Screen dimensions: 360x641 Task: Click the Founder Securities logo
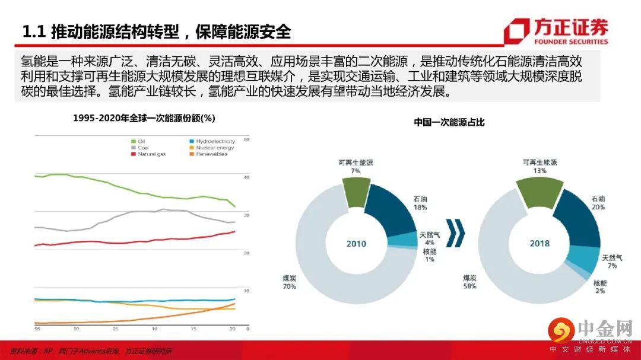coord(556,31)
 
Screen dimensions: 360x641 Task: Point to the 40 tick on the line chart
coord(247,177)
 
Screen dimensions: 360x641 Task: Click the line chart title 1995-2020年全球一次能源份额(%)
coord(144,119)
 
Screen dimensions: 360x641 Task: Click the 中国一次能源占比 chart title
coord(449,122)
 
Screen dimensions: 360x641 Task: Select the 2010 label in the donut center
coord(357,244)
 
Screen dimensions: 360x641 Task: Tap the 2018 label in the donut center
coord(539,243)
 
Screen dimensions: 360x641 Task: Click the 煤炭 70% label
coord(290,282)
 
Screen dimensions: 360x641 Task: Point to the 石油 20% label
coord(598,203)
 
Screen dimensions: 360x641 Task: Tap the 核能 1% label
coord(429,255)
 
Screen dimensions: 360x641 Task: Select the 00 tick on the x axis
coord(76,329)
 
